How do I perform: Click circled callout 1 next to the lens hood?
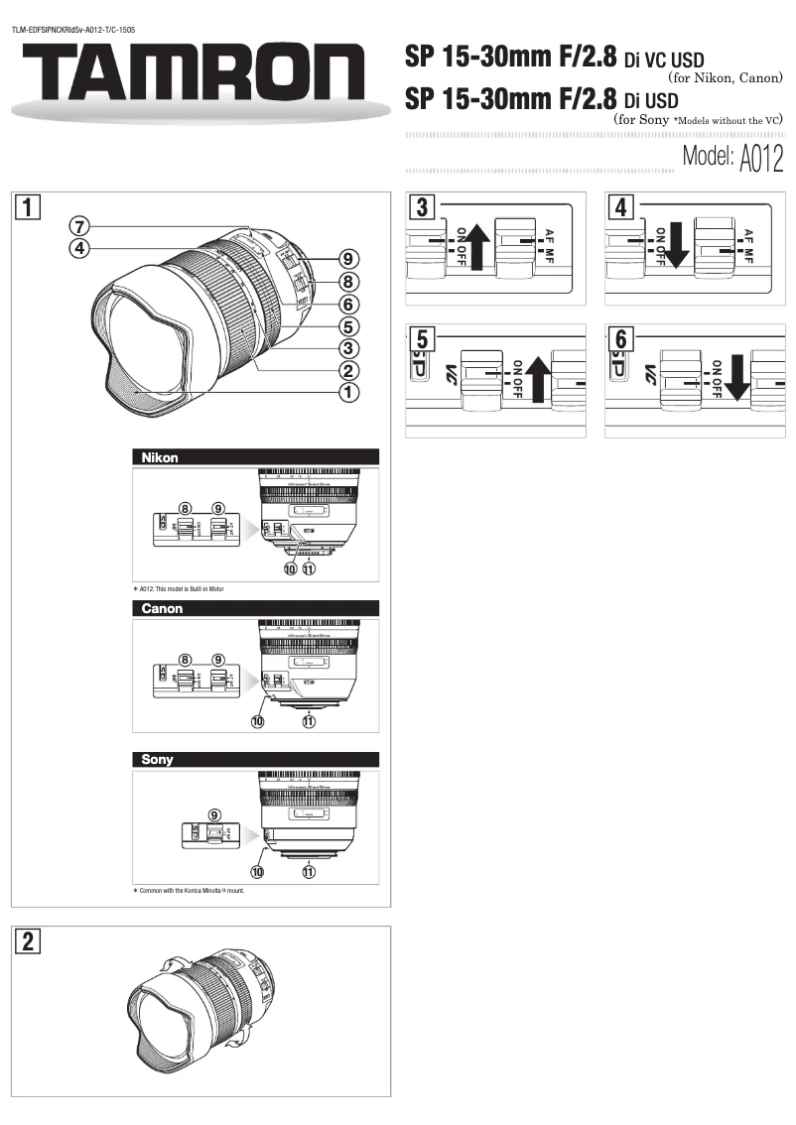[x=348, y=393]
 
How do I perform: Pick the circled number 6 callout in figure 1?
[x=348, y=304]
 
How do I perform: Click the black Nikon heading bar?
[x=256, y=457]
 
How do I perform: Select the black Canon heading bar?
[x=256, y=608]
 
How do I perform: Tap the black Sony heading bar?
[x=256, y=759]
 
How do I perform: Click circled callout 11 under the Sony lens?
[x=309, y=873]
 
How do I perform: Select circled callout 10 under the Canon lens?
[x=258, y=723]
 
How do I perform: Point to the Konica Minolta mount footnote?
[x=189, y=891]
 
